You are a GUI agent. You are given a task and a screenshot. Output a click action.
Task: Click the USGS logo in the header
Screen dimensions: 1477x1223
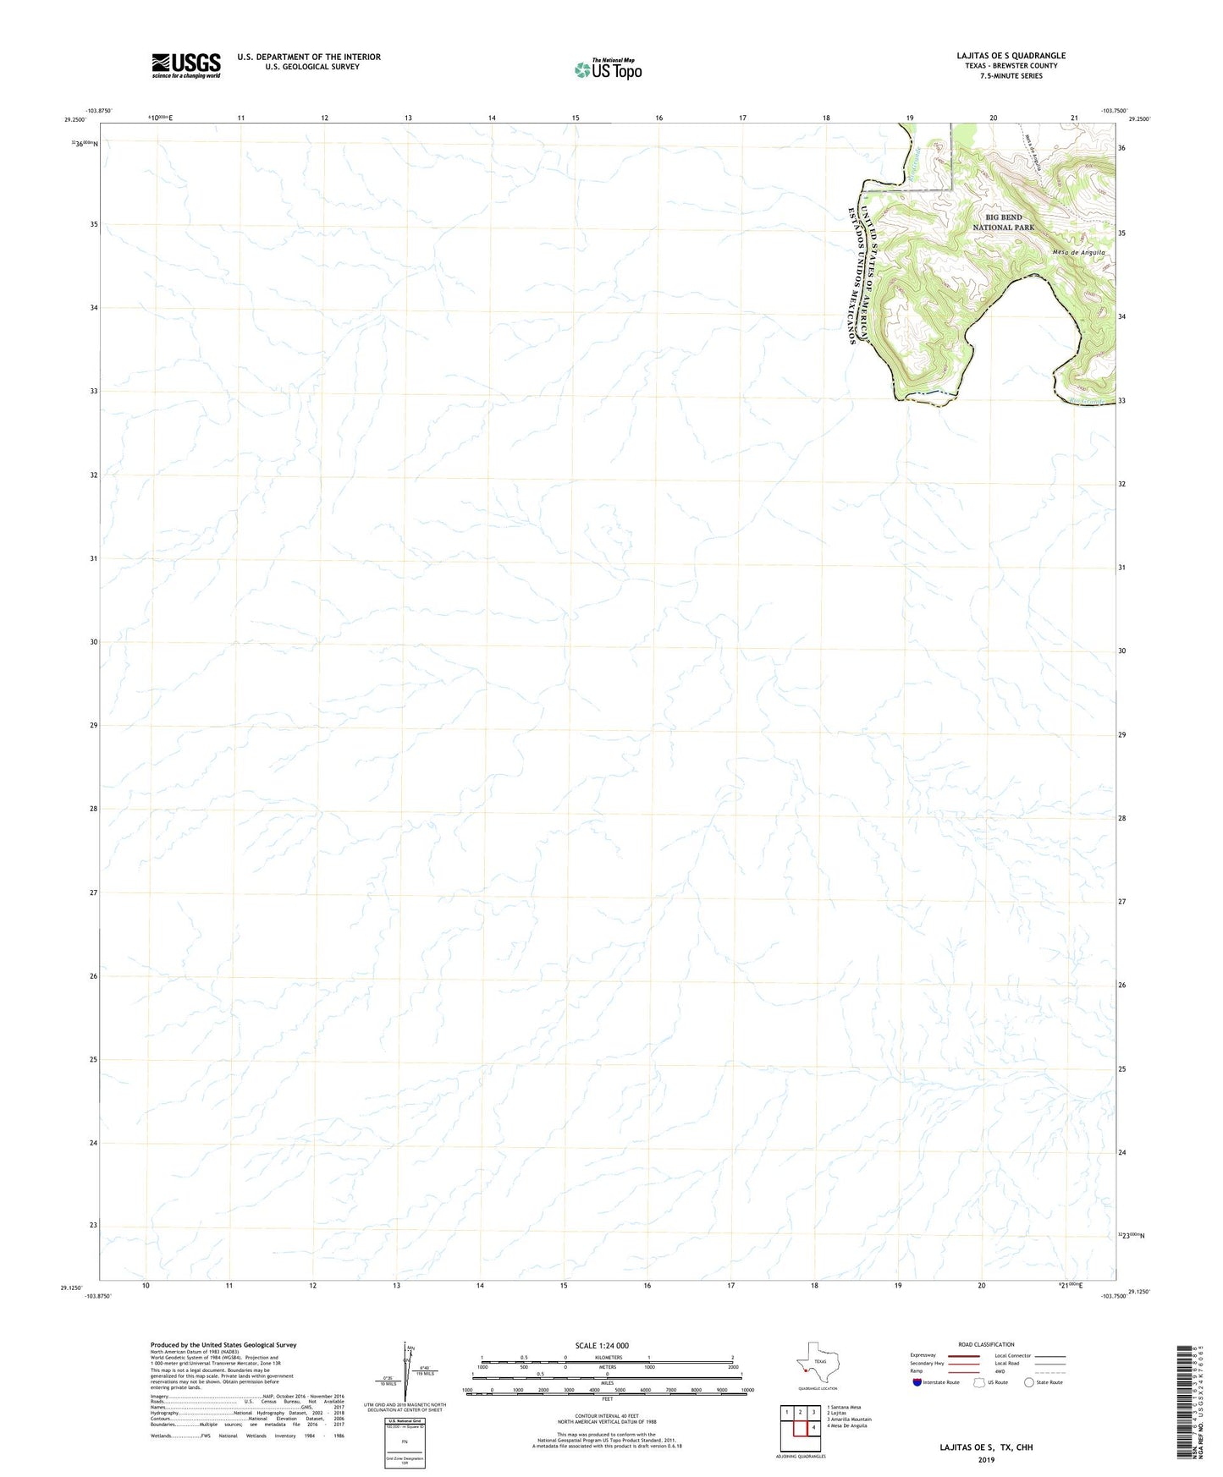click(186, 65)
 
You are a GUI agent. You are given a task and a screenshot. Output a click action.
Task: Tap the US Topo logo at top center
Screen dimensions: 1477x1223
click(608, 69)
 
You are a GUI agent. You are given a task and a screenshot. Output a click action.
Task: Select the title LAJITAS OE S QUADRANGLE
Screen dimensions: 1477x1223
click(1011, 56)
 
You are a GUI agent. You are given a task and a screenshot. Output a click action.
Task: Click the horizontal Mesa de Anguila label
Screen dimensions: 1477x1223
click(1078, 252)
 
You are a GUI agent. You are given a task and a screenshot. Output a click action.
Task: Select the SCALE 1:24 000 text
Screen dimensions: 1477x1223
click(602, 1346)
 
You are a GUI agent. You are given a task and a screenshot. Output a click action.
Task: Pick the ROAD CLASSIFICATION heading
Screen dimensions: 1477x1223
click(986, 1345)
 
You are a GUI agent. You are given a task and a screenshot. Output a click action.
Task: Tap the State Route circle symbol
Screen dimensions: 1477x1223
click(1029, 1382)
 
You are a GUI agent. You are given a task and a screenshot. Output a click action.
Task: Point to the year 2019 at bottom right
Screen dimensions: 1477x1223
click(986, 1459)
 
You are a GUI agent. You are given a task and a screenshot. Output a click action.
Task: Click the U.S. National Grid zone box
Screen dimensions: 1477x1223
click(405, 1439)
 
